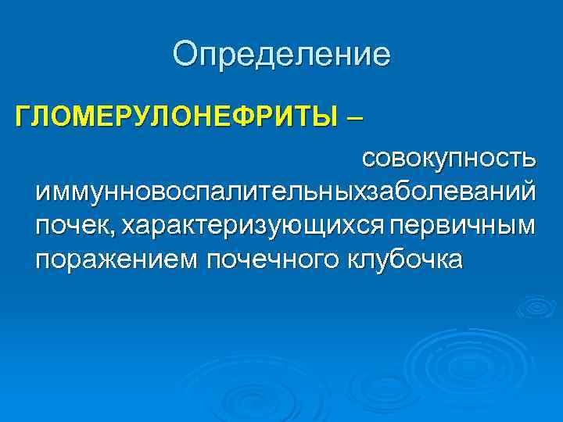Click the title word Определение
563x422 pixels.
click(281, 55)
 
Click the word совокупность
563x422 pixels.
click(447, 160)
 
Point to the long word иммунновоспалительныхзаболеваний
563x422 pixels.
click(285, 192)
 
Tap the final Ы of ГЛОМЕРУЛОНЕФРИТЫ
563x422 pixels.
click(328, 118)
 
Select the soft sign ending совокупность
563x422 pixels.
click(530, 160)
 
